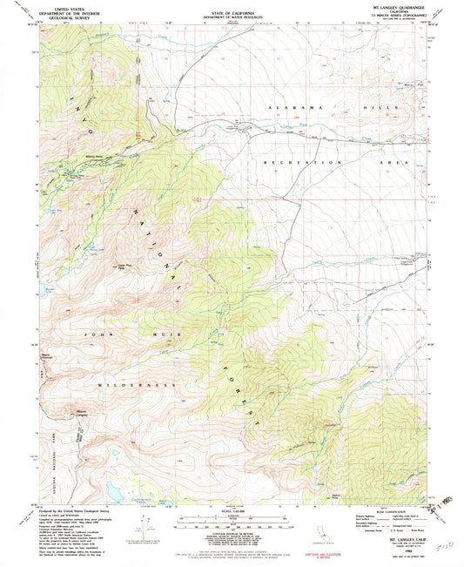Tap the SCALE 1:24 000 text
(232, 510)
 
